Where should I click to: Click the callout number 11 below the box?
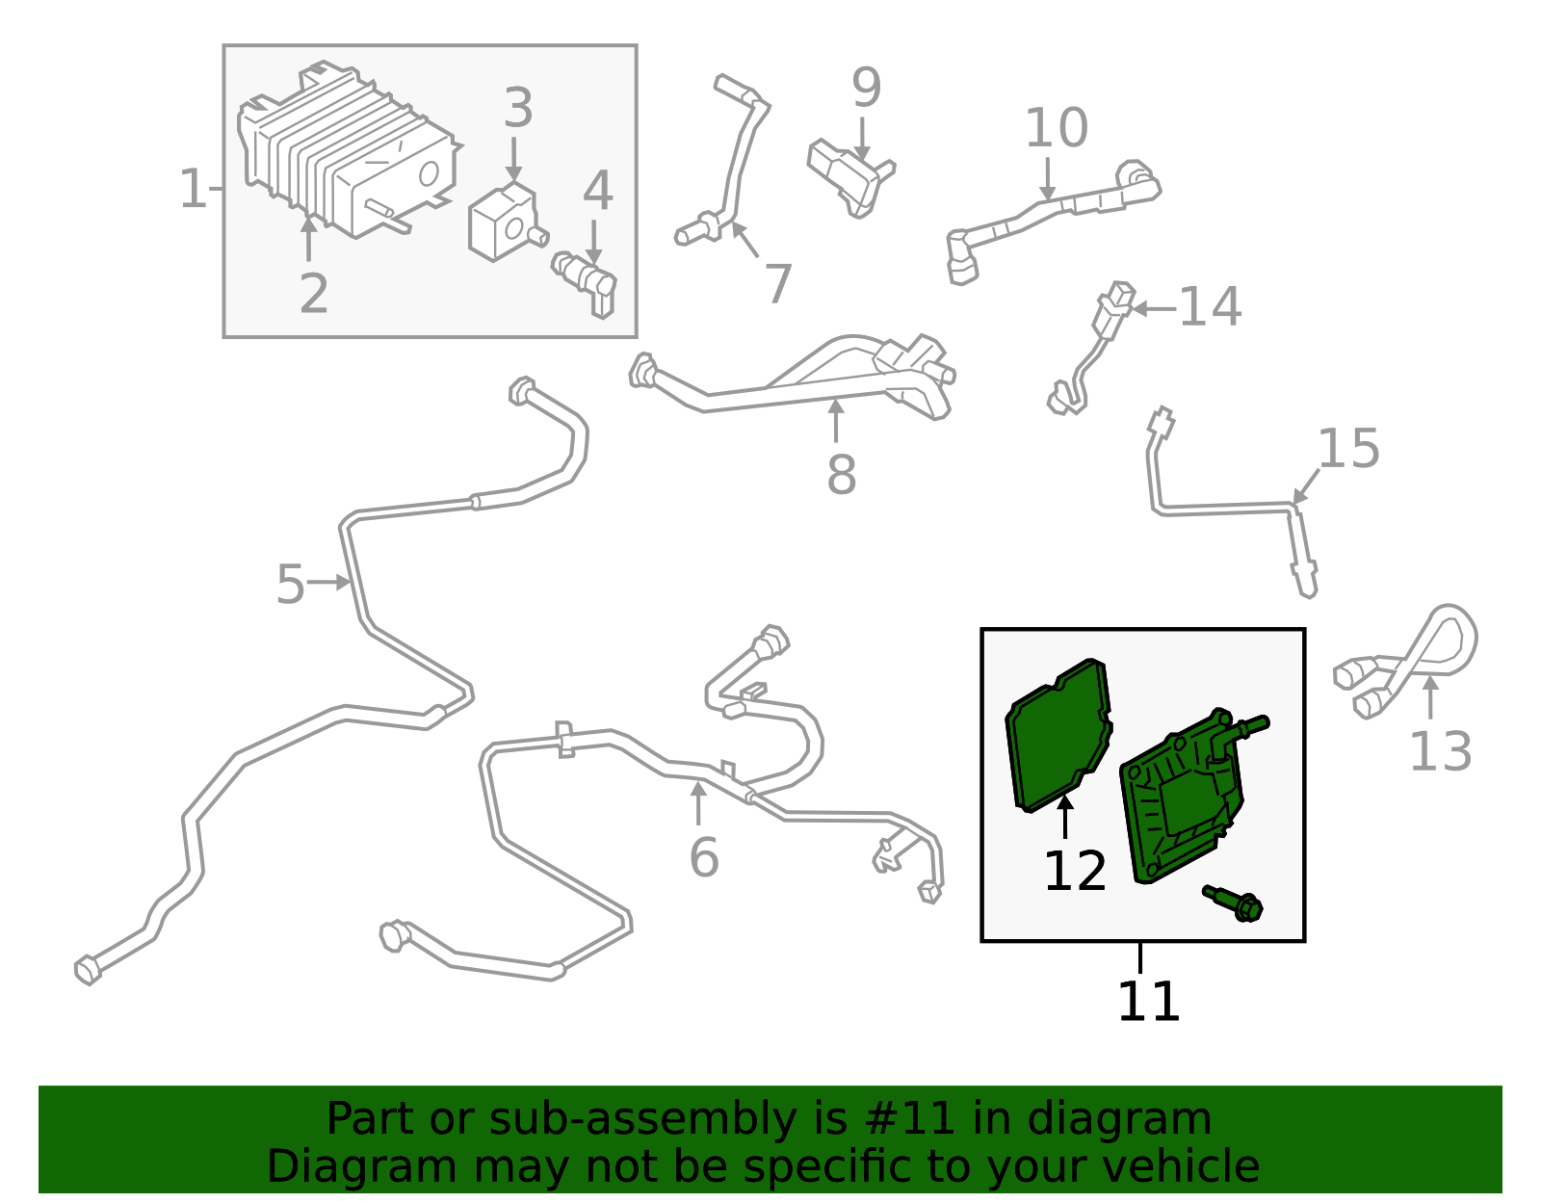(x=1148, y=1002)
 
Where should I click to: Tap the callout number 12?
(x=1074, y=872)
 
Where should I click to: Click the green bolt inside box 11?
(x=1235, y=902)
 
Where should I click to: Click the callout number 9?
(x=866, y=89)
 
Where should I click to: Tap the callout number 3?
(x=518, y=108)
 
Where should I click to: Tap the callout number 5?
(x=290, y=585)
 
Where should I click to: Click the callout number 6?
(x=703, y=857)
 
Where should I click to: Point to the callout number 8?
(x=841, y=474)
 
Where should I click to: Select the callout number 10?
(x=1056, y=128)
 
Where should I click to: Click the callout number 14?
(x=1210, y=307)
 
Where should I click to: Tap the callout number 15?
(x=1347, y=449)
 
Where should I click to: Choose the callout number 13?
(x=1440, y=752)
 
